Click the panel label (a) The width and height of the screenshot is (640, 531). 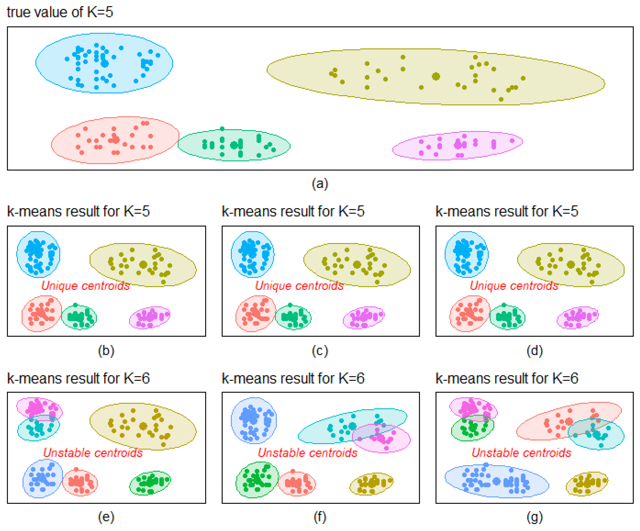pyautogui.click(x=320, y=184)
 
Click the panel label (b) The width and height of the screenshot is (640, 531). pyautogui.click(x=106, y=351)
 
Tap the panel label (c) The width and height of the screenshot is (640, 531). pyautogui.click(x=320, y=351)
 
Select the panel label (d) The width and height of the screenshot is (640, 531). pyautogui.click(x=535, y=351)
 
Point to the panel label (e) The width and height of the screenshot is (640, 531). pyautogui.click(x=106, y=517)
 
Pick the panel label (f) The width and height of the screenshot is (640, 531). pyautogui.click(x=320, y=517)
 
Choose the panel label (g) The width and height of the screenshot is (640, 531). pyautogui.click(x=535, y=517)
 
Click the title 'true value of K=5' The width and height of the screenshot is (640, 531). pyautogui.click(x=60, y=12)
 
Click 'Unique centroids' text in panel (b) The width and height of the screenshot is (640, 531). pyautogui.click(x=85, y=286)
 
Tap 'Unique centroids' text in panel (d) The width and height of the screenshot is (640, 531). pyautogui.click(x=514, y=286)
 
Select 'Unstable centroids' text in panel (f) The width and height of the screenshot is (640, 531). pyautogui.click(x=307, y=453)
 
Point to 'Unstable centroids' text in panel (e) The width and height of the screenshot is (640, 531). pyautogui.click(x=93, y=453)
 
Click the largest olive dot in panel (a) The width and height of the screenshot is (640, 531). pyautogui.click(x=436, y=77)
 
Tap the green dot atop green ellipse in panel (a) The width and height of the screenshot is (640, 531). pyautogui.click(x=222, y=129)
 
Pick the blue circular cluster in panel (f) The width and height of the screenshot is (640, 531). pyautogui.click(x=254, y=420)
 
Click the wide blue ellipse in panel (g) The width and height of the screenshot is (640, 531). pyautogui.click(x=497, y=482)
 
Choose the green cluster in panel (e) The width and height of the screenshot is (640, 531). pyautogui.click(x=150, y=482)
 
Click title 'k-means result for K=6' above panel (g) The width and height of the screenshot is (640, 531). pyautogui.click(x=507, y=378)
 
